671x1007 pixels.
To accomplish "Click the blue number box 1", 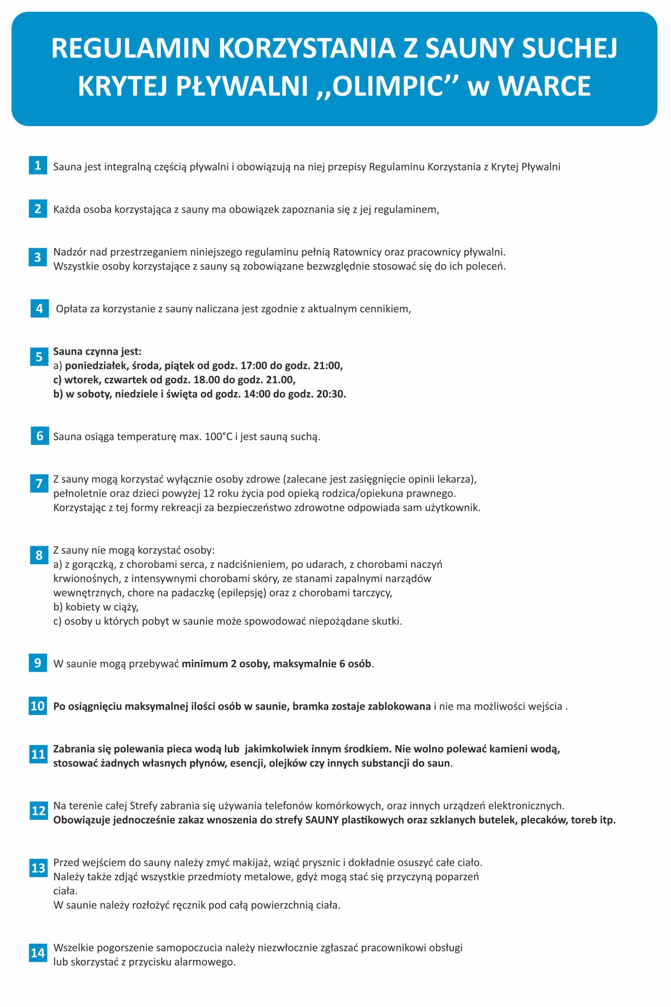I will (x=38, y=165).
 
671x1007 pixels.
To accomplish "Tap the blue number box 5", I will (x=39, y=357).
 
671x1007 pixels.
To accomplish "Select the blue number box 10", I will (x=38, y=706).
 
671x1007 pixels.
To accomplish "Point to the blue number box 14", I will (x=38, y=953).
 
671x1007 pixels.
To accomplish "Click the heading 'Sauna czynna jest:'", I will (x=97, y=352).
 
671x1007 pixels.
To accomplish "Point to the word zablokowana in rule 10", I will (x=399, y=706).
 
